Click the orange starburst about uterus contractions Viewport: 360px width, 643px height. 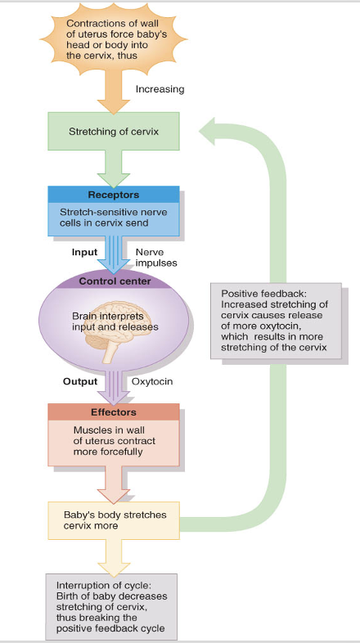click(114, 40)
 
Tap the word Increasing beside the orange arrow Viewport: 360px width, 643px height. click(160, 89)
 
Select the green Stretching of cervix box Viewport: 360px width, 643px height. click(113, 131)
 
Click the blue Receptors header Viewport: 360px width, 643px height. click(113, 195)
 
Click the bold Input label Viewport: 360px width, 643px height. click(84, 252)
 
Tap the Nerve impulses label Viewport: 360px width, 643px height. click(155, 257)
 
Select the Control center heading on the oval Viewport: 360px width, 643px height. click(114, 281)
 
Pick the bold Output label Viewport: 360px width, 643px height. click(80, 381)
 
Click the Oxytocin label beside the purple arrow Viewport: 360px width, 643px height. click(151, 381)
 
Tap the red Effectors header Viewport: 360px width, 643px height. click(113, 412)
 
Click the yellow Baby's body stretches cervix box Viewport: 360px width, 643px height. click(113, 521)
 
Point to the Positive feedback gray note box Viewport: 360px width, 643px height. click(276, 321)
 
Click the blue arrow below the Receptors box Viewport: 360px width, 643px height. click(113, 254)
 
